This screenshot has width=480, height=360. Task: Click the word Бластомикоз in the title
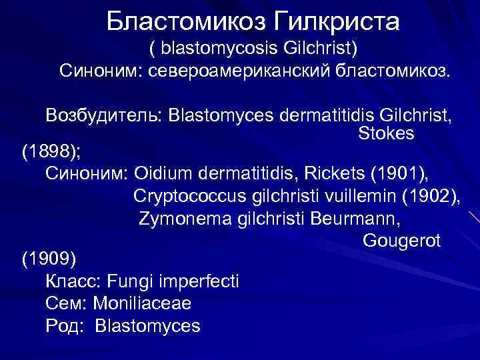[185, 22]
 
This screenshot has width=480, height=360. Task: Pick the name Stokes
[386, 133]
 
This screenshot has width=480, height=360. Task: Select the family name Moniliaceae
[142, 304]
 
